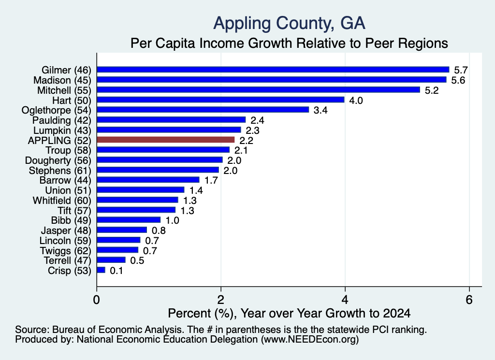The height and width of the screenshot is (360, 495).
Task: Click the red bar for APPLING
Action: pyautogui.click(x=166, y=140)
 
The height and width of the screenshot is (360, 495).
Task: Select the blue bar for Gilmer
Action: pyautogui.click(x=273, y=70)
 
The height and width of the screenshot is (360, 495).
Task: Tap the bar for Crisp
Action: pyautogui.click(x=101, y=270)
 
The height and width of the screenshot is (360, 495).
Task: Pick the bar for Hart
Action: pyautogui.click(x=220, y=100)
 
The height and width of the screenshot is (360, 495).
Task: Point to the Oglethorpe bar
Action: pyautogui.click(x=203, y=110)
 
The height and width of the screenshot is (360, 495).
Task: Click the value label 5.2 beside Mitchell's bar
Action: pyautogui.click(x=432, y=90)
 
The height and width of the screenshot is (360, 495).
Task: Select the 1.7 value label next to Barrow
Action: pyautogui.click(x=211, y=180)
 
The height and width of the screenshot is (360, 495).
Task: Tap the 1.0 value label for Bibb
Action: pyautogui.click(x=173, y=220)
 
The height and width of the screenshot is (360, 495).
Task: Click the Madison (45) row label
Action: pyautogui.click(x=62, y=80)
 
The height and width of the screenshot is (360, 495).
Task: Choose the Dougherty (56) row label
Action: pyautogui.click(x=58, y=160)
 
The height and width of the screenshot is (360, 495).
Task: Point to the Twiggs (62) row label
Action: pyautogui.click(x=65, y=251)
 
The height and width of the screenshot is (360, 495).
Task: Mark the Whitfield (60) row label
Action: pyautogui.click(x=62, y=201)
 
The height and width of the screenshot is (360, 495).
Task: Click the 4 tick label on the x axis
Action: pyautogui.click(x=345, y=300)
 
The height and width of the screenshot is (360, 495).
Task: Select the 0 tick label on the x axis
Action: pyautogui.click(x=97, y=300)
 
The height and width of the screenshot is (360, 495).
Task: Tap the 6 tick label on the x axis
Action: pyautogui.click(x=469, y=300)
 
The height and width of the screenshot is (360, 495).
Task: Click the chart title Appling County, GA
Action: pyautogui.click(x=289, y=24)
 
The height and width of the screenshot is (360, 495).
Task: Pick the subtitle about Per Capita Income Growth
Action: pyautogui.click(x=289, y=43)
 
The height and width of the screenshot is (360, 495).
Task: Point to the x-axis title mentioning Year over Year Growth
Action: pyautogui.click(x=289, y=313)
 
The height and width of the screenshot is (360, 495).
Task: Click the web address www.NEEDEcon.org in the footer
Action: pyautogui.click(x=310, y=339)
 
